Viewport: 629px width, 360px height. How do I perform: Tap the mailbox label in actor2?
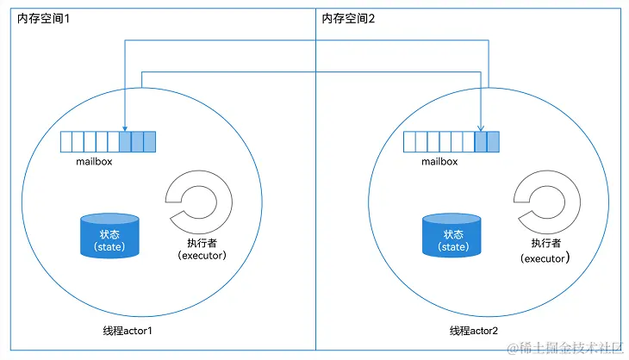(x=439, y=160)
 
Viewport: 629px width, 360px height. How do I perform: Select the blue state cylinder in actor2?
(x=452, y=236)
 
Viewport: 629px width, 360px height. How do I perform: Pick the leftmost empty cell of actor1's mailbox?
(x=65, y=141)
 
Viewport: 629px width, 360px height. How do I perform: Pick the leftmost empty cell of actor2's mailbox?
(x=409, y=141)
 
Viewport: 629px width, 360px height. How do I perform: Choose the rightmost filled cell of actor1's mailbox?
(x=149, y=141)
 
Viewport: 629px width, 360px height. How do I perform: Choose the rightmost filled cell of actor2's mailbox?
(x=493, y=141)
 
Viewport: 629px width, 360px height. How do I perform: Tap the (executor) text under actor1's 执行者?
(x=202, y=255)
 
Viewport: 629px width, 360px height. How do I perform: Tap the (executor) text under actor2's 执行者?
(x=546, y=258)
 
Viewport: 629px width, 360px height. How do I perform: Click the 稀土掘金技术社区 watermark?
(x=569, y=347)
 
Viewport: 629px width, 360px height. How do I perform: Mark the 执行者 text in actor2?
(x=546, y=244)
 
